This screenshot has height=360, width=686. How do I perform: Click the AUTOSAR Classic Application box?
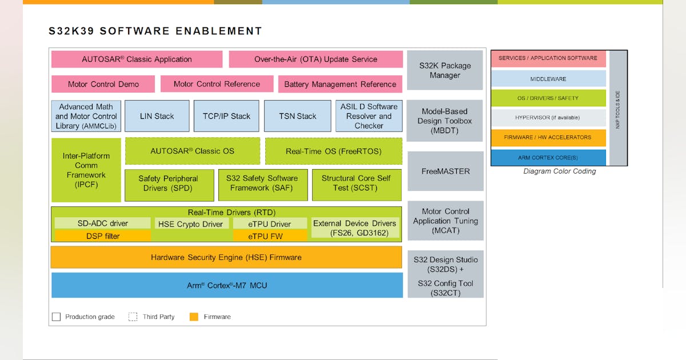(137, 59)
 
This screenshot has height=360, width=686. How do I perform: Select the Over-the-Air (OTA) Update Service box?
(316, 59)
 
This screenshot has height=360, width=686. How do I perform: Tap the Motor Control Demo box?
(103, 84)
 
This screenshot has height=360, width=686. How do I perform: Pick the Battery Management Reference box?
(340, 84)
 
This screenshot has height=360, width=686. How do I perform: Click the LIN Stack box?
(157, 116)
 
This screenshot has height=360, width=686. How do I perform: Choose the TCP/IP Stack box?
(226, 116)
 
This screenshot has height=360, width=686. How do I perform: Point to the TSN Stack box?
(297, 116)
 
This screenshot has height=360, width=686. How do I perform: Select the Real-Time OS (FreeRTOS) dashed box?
(333, 151)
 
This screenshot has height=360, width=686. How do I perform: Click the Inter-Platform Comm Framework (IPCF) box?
(86, 170)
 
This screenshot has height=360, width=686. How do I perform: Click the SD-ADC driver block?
(103, 223)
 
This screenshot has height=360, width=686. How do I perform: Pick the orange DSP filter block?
(103, 235)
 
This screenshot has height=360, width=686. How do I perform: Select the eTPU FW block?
(269, 235)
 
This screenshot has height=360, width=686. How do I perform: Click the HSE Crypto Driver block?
(192, 224)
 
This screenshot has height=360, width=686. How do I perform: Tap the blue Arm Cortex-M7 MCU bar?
(226, 285)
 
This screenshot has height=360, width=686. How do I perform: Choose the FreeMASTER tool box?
(445, 171)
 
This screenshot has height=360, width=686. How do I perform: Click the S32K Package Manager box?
(445, 70)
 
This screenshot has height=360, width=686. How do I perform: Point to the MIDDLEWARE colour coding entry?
(548, 79)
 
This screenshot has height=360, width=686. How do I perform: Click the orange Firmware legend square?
(194, 317)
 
